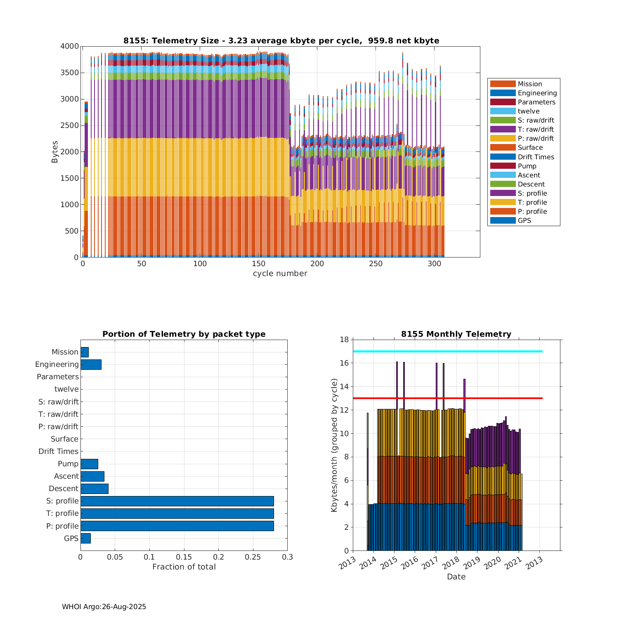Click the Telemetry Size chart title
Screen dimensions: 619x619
[x=281, y=40]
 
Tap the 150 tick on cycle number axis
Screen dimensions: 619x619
[x=259, y=264]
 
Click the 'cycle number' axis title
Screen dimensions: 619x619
[x=280, y=274]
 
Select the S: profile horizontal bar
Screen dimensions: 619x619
[x=177, y=501]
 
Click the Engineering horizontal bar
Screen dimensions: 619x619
[x=91, y=364]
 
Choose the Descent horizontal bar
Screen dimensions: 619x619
[x=94, y=489]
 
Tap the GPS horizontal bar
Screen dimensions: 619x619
[x=85, y=538]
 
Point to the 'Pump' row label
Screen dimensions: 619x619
[x=68, y=464]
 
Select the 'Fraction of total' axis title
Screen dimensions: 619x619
[x=184, y=567]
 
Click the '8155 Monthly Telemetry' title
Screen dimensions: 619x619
[x=456, y=334]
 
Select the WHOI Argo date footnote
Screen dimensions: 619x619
[x=104, y=607]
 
